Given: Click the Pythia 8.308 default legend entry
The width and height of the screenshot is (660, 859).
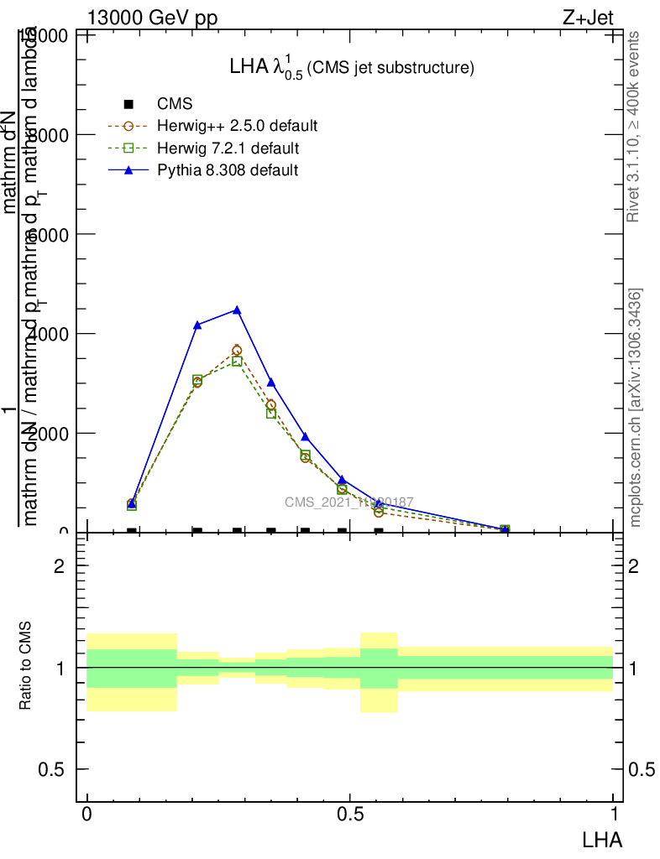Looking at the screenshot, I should (227, 170).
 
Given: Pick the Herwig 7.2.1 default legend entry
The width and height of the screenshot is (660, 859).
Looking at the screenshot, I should (228, 148).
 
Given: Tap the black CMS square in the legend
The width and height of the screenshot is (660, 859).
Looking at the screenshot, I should (128, 105).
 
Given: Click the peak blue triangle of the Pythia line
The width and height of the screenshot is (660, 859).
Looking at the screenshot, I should (237, 310).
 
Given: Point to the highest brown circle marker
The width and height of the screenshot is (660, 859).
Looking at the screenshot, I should (237, 350).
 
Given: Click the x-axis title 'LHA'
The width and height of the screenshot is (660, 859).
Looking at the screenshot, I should (601, 839).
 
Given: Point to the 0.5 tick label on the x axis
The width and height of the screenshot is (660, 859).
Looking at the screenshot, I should (349, 814).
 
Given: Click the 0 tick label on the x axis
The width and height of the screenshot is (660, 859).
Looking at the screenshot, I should (86, 814).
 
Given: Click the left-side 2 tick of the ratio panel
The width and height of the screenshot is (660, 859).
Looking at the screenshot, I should (60, 566).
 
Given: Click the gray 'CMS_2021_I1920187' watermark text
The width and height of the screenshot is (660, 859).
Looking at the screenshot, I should (348, 502).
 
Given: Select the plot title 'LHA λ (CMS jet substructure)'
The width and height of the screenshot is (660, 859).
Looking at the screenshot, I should (352, 68).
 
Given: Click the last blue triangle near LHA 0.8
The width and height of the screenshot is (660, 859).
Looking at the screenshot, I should (505, 528).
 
